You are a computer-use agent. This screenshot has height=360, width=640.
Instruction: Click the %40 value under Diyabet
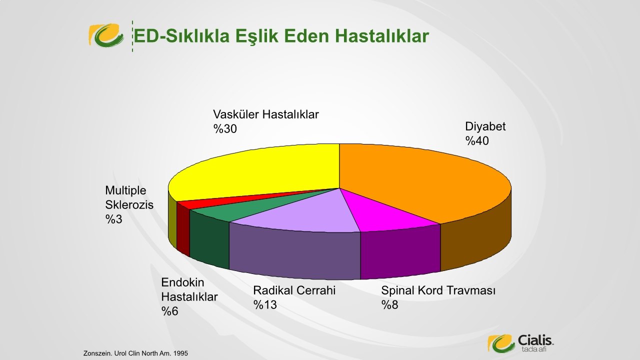coord(477,141)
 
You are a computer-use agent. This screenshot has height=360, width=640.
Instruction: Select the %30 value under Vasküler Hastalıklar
coord(225,129)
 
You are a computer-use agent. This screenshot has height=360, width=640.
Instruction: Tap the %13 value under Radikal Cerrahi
coord(265,305)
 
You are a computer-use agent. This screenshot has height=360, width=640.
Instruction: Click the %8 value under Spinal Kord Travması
coord(389,305)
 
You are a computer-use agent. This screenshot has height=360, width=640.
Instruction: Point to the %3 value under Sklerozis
coord(113,219)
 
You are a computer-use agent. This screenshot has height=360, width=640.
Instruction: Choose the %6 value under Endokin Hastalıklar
coord(169,311)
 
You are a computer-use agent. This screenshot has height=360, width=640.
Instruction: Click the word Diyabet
coord(485,126)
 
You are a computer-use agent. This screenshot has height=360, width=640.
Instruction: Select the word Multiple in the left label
coord(125,190)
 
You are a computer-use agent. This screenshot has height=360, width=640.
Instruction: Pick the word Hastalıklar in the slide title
coord(382,36)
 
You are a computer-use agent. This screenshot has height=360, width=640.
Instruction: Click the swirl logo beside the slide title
coord(106,35)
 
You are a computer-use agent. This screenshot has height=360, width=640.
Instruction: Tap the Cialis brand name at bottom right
coord(535,340)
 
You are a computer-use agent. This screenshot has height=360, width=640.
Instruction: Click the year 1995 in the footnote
coord(180,353)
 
